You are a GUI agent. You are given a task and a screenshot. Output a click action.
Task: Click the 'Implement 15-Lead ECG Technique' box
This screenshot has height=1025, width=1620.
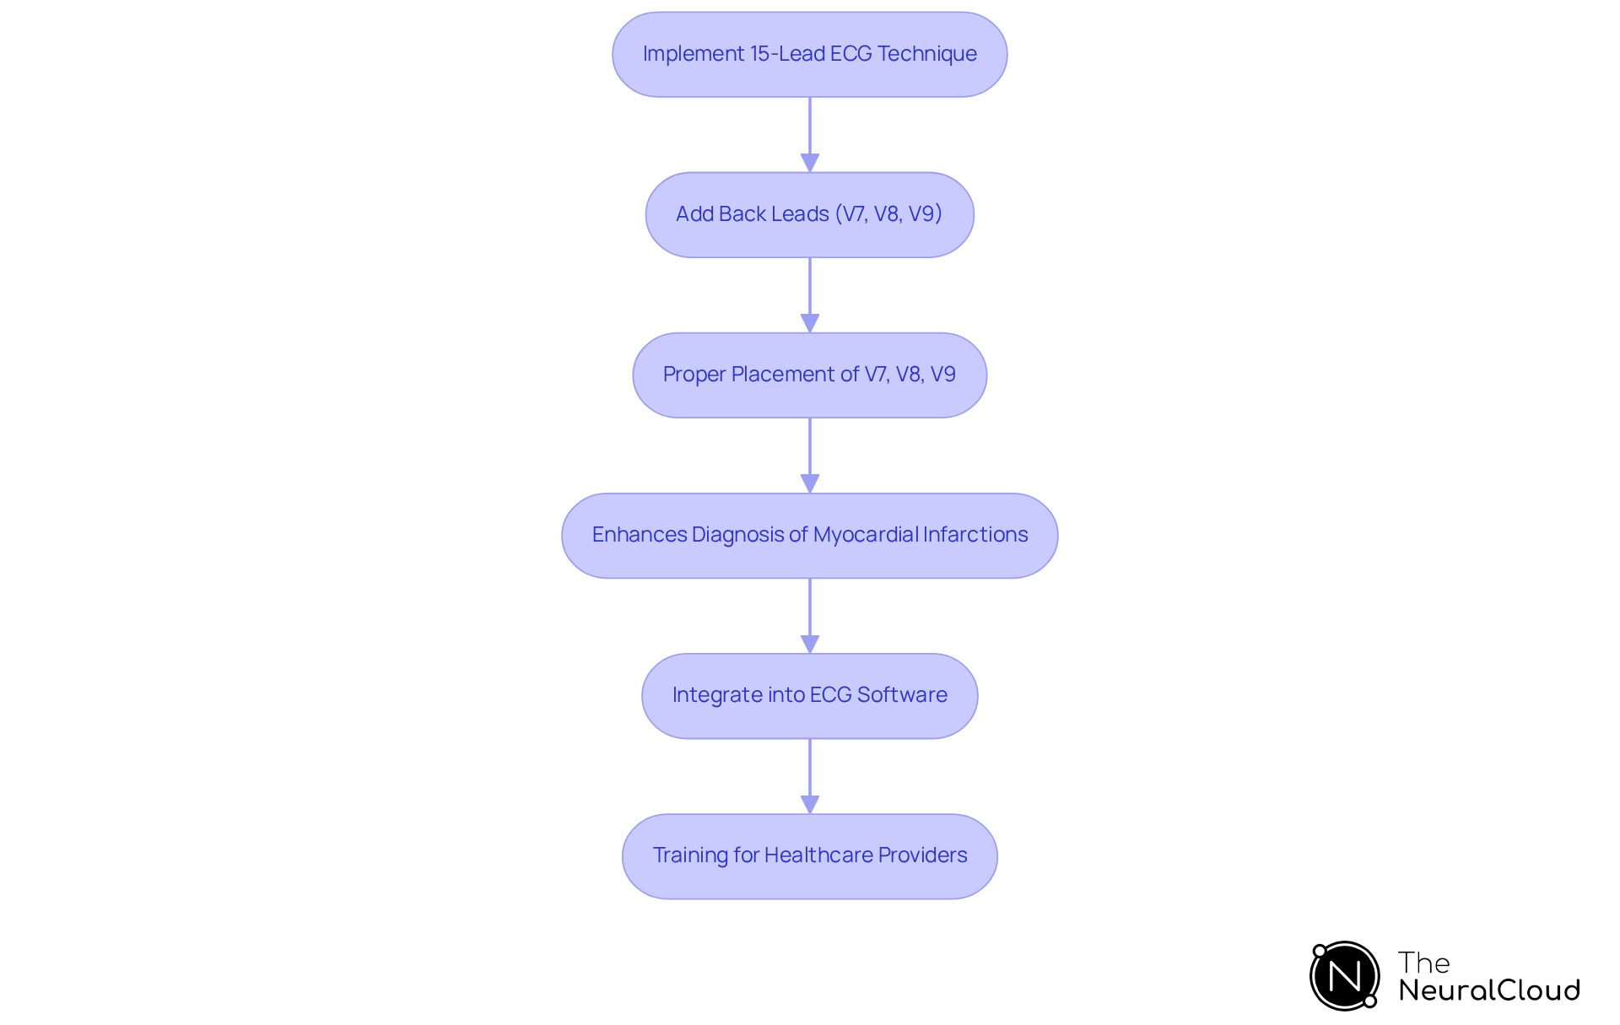[809, 54]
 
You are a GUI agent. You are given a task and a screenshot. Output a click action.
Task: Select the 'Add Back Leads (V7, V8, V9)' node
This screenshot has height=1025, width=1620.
[809, 214]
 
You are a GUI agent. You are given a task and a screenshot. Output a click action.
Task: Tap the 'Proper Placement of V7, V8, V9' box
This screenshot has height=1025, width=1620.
[809, 375]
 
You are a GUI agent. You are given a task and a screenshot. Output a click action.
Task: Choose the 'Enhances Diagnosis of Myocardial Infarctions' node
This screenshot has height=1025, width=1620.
[809, 535]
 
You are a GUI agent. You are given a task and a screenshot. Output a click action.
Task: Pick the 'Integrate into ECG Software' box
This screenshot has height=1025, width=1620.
[809, 695]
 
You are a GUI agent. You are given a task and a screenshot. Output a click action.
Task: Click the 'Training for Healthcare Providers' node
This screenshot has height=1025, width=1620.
[809, 855]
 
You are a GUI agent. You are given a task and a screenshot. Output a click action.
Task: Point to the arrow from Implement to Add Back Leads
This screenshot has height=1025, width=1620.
[810, 134]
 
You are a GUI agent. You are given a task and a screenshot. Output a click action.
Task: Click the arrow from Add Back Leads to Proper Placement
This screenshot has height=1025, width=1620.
[810, 294]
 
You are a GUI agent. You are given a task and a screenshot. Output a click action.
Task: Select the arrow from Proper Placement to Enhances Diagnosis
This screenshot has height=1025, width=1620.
[810, 455]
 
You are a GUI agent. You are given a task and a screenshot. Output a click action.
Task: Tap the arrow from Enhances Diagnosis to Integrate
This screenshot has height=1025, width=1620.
[810, 615]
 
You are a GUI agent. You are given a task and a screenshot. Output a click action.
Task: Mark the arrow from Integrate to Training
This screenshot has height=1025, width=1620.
[810, 775]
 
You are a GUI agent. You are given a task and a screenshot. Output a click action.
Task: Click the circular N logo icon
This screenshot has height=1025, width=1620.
[1344, 976]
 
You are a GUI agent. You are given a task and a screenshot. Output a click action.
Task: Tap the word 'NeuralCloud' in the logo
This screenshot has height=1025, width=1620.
[1489, 990]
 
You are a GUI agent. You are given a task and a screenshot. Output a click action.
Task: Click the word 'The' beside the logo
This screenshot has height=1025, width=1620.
[1423, 963]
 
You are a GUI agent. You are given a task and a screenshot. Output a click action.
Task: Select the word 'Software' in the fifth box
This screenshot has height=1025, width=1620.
[902, 695]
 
